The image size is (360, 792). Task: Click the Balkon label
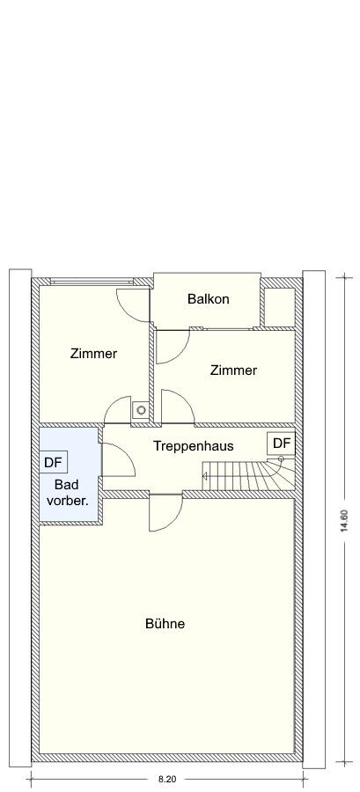point(208,299)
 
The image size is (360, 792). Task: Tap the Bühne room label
point(165,624)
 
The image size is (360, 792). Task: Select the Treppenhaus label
point(194,446)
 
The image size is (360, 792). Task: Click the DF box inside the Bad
point(53,462)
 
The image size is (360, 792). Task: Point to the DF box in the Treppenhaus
point(282,444)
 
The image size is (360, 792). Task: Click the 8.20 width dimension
point(167,780)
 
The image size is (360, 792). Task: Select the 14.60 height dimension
point(344,521)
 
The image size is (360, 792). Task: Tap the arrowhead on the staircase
point(204,476)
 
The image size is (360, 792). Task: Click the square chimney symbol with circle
point(140,409)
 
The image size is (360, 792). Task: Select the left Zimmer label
point(93,354)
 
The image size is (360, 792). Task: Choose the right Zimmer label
point(233,370)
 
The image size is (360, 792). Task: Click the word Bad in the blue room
point(66,486)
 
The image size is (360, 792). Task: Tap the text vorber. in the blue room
point(68,502)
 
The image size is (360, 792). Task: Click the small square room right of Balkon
point(280,308)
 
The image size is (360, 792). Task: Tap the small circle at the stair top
point(282,458)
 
